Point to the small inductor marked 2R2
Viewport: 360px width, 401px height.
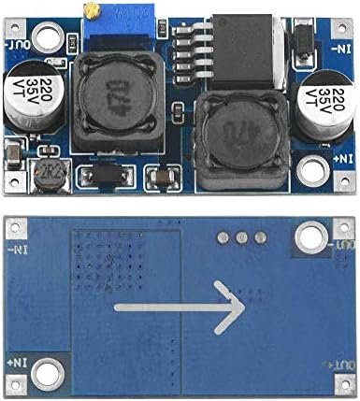45,177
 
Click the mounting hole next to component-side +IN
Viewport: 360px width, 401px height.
314,169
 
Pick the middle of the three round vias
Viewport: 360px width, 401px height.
245,236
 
